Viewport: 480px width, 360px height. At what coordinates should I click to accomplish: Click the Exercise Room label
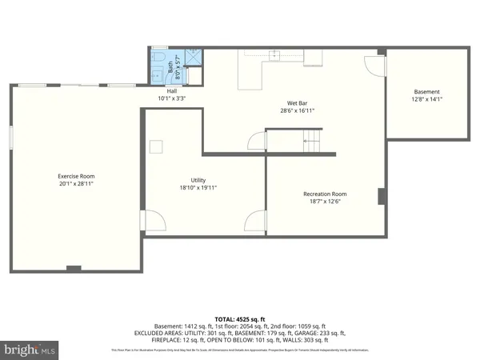(x=77, y=176)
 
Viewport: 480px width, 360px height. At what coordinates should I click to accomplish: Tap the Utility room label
(x=198, y=180)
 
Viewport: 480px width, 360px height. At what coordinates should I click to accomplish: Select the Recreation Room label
(x=325, y=194)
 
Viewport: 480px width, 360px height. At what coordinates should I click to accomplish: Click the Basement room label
(x=426, y=91)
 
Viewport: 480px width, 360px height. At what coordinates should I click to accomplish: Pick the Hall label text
(x=172, y=90)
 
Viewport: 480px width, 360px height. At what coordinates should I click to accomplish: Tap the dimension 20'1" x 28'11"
(x=77, y=184)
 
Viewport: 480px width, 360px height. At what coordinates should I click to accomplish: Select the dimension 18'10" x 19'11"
(x=198, y=188)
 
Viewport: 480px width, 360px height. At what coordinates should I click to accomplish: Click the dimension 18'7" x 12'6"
(x=325, y=202)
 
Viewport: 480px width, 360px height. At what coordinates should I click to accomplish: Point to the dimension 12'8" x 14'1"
(x=426, y=99)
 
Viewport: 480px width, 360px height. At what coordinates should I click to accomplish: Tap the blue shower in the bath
(x=193, y=58)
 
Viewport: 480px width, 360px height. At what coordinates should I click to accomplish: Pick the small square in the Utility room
(x=157, y=146)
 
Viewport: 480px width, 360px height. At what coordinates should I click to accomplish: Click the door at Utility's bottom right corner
(x=256, y=220)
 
